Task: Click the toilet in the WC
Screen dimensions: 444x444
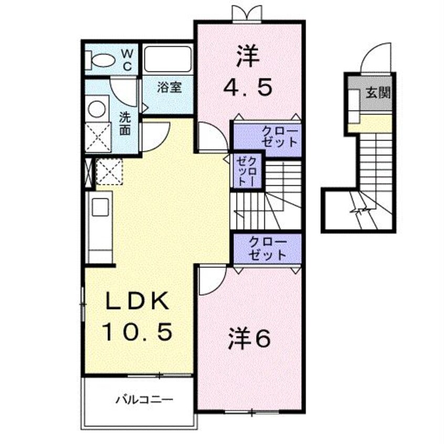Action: click(x=102, y=59)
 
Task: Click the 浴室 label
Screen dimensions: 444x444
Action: click(x=169, y=87)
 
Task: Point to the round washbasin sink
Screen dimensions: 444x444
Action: click(x=96, y=109)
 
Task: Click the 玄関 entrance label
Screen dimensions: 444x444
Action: click(x=377, y=93)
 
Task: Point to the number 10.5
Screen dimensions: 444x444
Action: click(x=137, y=331)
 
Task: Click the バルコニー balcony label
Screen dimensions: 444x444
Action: click(x=144, y=400)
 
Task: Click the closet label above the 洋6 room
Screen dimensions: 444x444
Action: click(x=268, y=248)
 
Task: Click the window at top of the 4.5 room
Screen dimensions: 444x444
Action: click(x=246, y=13)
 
